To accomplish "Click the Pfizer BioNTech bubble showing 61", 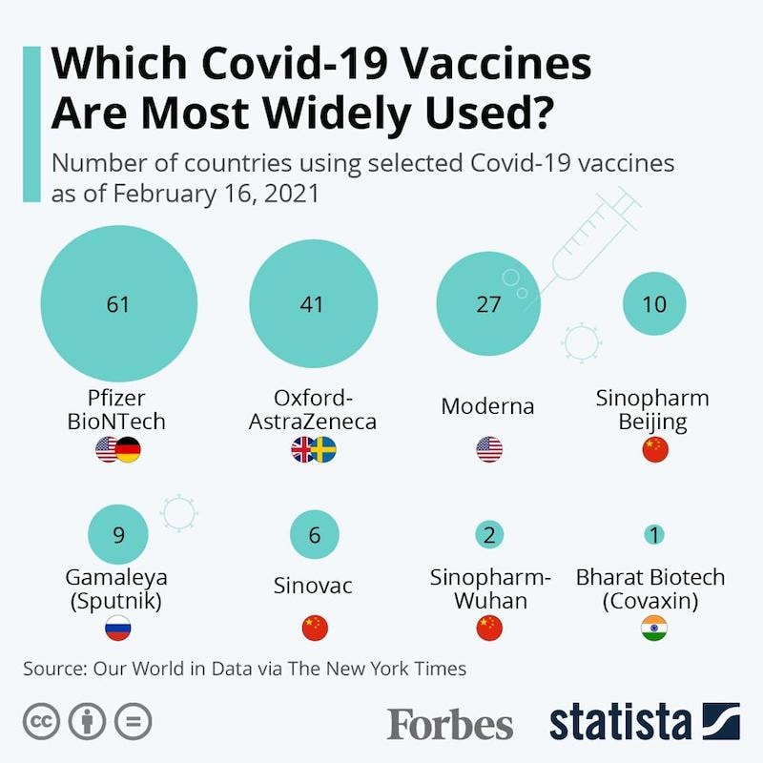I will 118,304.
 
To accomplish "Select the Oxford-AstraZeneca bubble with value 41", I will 312,304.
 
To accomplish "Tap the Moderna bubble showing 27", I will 488,304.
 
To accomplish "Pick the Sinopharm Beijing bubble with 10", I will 654,304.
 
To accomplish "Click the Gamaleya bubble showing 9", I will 118,534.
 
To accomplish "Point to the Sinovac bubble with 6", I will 314,534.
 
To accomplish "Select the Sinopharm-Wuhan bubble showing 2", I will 488,534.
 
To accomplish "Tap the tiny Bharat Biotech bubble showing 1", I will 654,534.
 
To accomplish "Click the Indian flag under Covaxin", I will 654,628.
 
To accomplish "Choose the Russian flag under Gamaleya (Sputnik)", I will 118,628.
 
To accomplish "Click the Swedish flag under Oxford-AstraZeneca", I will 324,450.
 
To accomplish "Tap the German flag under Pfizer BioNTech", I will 129,450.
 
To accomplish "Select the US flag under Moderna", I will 488,450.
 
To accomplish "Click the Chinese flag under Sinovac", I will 314,628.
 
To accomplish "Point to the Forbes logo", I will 449,722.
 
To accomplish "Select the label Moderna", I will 487,406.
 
